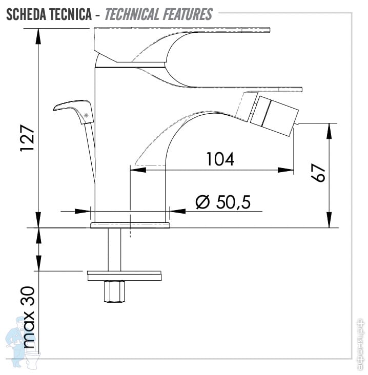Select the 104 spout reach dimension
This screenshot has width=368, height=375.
[220, 159]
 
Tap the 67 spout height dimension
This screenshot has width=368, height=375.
[319, 174]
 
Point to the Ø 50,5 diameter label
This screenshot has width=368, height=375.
[223, 202]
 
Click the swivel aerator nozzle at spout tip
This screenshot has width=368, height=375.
[272, 113]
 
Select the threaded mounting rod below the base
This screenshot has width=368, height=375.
[113, 249]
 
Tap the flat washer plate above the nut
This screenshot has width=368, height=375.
[125, 275]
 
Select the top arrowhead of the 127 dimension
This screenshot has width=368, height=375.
[38, 32]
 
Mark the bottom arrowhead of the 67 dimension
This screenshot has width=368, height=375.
[329, 222]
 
